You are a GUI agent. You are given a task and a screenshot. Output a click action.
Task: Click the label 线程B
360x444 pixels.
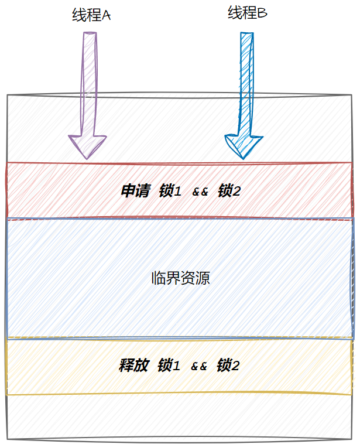click(x=247, y=12)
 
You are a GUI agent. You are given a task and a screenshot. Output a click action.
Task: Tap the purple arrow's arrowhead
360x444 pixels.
click(x=87, y=146)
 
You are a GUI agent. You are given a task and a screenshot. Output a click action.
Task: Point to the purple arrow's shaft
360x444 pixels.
click(x=89, y=82)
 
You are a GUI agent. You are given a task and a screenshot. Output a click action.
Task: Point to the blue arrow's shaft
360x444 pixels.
click(x=246, y=82)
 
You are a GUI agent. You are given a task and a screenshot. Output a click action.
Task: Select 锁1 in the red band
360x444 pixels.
click(x=170, y=191)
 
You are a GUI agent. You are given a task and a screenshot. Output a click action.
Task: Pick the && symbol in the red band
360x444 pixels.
click(x=200, y=192)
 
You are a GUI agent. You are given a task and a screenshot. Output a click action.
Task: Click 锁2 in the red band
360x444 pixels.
click(x=229, y=191)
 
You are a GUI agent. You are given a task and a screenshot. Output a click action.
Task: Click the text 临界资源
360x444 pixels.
click(x=180, y=278)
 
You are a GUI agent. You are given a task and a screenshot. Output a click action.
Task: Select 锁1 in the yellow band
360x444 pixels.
click(x=169, y=366)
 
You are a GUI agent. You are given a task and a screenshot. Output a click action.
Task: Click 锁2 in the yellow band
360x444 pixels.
click(x=228, y=366)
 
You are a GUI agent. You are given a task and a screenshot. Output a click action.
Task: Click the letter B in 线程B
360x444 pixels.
click(x=262, y=13)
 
